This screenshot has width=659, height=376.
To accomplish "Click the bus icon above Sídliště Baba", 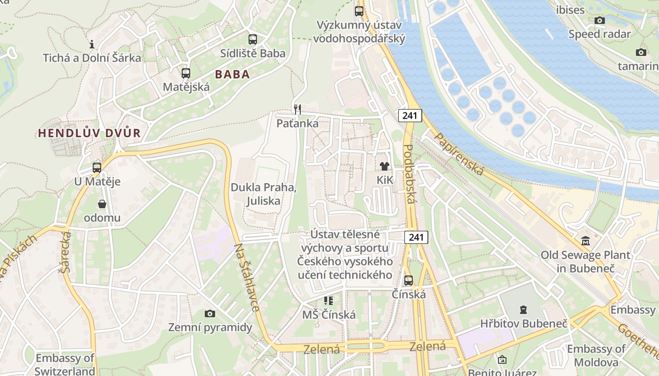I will pyautogui.click(x=253, y=39).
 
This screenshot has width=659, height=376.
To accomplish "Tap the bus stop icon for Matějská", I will pyautogui.click(x=186, y=73).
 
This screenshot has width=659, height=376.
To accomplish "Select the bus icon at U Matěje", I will pyautogui.click(x=97, y=168).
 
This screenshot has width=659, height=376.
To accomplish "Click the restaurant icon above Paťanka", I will pyautogui.click(x=297, y=110).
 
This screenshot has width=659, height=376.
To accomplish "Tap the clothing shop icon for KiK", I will pyautogui.click(x=385, y=166).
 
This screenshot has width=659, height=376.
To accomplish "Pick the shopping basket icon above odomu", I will pyautogui.click(x=102, y=204).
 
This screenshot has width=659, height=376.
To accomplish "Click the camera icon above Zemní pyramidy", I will pyautogui.click(x=210, y=313).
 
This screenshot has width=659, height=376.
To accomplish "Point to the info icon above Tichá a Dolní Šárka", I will pyautogui.click(x=92, y=45).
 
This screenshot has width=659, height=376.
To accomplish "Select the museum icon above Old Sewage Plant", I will pyautogui.click(x=586, y=241).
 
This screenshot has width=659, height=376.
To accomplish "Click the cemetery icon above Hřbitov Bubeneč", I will pyautogui.click(x=523, y=310).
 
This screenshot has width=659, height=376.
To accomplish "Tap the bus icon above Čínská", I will pyautogui.click(x=409, y=281).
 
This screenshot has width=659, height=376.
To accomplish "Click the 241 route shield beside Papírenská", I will pyautogui.click(x=410, y=115).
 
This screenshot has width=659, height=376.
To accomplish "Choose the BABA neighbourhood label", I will pyautogui.click(x=232, y=74).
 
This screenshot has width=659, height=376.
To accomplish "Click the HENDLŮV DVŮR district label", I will pyautogui.click(x=89, y=133).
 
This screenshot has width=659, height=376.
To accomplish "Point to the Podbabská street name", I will pyautogui.click(x=409, y=174).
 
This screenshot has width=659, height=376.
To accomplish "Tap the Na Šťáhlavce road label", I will pyautogui.click(x=247, y=277).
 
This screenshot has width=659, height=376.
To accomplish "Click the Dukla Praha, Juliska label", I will pyautogui.click(x=263, y=194).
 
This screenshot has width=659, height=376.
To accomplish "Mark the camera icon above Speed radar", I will pyautogui.click(x=599, y=20).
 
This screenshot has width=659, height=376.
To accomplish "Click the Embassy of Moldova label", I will pyautogui.click(x=596, y=355).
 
